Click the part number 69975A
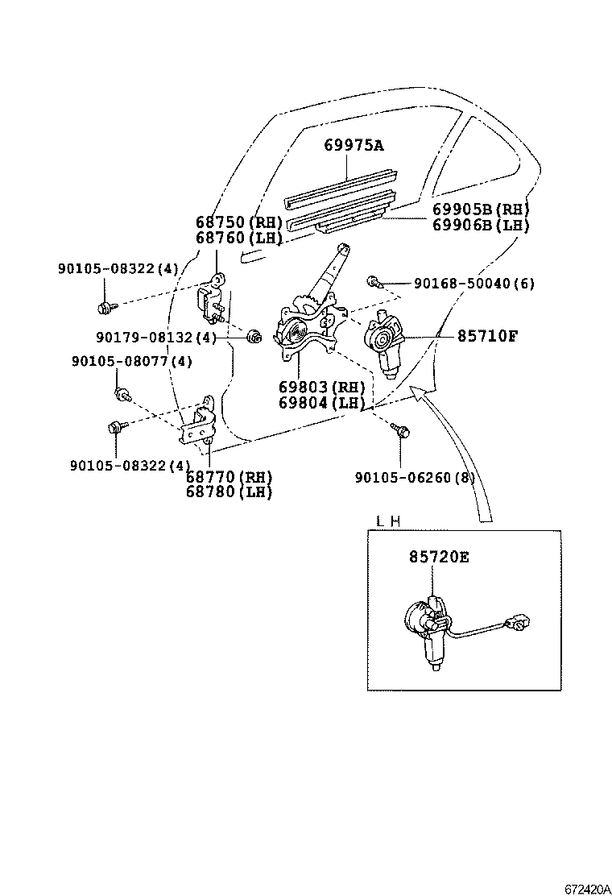click(354, 146)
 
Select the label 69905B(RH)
click(481, 209)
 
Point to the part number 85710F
click(487, 336)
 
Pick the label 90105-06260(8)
click(415, 478)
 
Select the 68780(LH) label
click(239, 492)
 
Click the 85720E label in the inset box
click(439, 557)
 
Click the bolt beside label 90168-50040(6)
click(373, 281)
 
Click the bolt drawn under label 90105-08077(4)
click(122, 394)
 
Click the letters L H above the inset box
click(389, 521)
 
